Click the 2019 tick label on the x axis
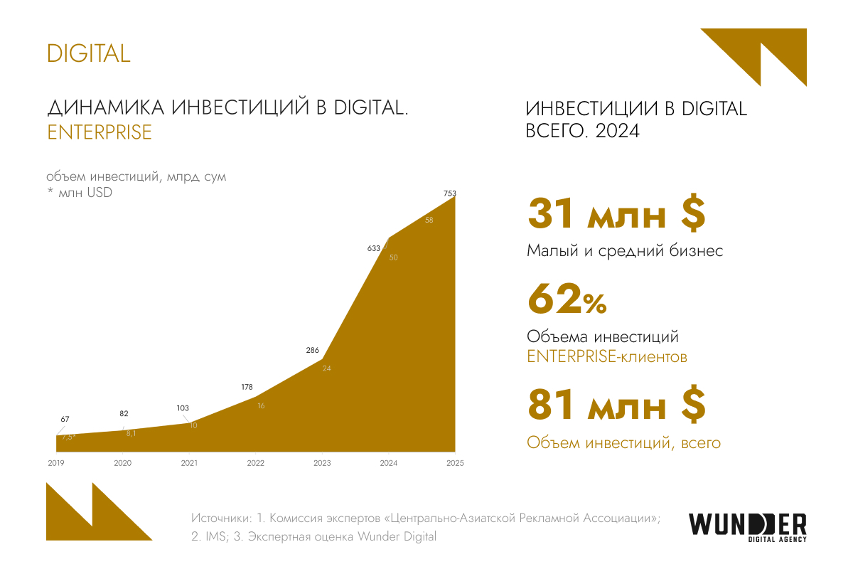pyautogui.click(x=55, y=464)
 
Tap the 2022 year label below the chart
pyautogui.click(x=255, y=464)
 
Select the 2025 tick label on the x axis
pyautogui.click(x=455, y=464)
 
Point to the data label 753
pyautogui.click(x=449, y=193)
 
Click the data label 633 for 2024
pyautogui.click(x=374, y=248)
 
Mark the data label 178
pyautogui.click(x=247, y=387)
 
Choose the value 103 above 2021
pyautogui.click(x=182, y=408)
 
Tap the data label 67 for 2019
pyautogui.click(x=65, y=419)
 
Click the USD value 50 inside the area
pyautogui.click(x=394, y=257)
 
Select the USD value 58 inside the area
pyautogui.click(x=429, y=220)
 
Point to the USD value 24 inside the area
pyautogui.click(x=327, y=368)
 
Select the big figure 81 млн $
pyautogui.click(x=616, y=406)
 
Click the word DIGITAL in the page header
pyautogui.click(x=89, y=53)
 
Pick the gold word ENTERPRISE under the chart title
pyautogui.click(x=100, y=132)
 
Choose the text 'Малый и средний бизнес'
pyautogui.click(x=625, y=251)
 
